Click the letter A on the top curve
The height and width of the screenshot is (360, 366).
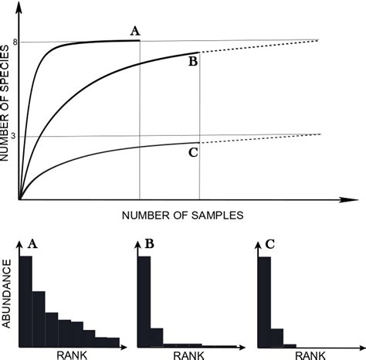[x=135, y=31]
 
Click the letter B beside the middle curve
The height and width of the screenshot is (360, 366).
[x=193, y=62]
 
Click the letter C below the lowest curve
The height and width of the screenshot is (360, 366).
[x=193, y=153]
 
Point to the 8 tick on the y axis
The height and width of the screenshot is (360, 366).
[x=15, y=42]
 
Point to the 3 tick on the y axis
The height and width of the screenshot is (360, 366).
[x=15, y=136]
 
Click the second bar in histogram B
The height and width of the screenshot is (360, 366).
[x=156, y=338]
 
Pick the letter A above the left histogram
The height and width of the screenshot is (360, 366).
[x=32, y=244]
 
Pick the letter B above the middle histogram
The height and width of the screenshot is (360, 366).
[x=149, y=244]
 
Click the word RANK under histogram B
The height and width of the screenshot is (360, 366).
[x=187, y=355]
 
